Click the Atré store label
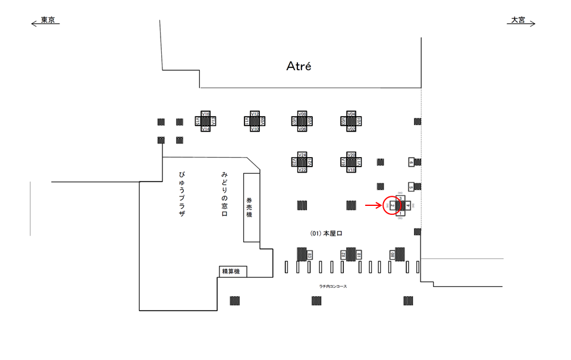pos(299,66)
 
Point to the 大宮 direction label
pos(518,20)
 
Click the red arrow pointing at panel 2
pos(372,205)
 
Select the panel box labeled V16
pos(206,113)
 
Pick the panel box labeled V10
pos(255,129)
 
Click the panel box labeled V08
pos(302,113)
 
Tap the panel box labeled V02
pos(351,129)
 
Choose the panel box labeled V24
pos(302,154)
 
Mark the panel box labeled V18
pos(351,170)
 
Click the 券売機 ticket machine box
pos(251,207)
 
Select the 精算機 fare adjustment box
pos(231,272)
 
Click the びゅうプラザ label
pos(181,193)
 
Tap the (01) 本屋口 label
pos(326,234)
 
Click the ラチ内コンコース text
pos(332,286)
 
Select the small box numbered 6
pos(411,162)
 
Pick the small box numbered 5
pos(411,187)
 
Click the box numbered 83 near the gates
pos(310,255)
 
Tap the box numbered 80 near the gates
pos(393,255)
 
